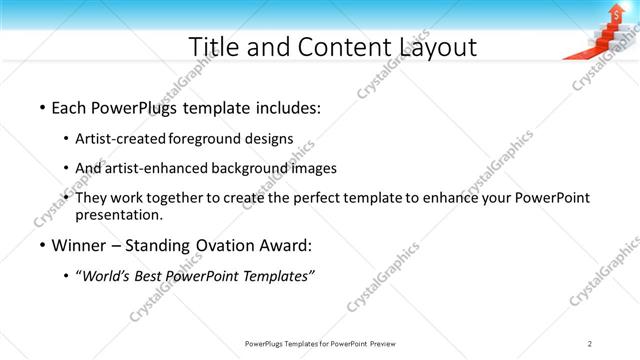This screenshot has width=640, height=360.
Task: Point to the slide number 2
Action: click(590, 343)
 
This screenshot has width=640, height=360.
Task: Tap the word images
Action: click(311, 168)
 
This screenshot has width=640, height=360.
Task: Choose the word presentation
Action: click(119, 215)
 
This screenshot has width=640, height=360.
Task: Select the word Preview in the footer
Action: click(383, 343)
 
